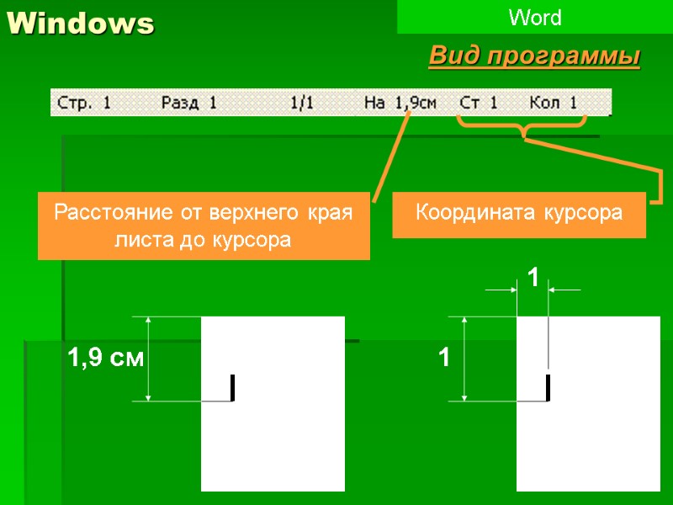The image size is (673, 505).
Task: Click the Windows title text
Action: [x=82, y=24]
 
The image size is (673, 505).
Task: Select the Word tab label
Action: [x=534, y=17]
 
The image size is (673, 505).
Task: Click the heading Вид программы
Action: [x=534, y=56]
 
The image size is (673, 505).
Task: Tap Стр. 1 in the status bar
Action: [x=84, y=104]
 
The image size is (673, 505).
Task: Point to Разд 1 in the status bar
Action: [x=188, y=104]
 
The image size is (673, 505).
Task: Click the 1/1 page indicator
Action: [x=301, y=104]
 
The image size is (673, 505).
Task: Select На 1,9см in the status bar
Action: [x=400, y=104]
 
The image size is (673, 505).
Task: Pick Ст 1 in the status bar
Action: [x=479, y=104]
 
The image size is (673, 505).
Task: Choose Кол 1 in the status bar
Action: [x=554, y=104]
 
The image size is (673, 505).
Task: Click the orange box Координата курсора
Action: [x=519, y=214]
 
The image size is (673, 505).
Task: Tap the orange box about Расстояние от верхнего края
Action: [x=204, y=226]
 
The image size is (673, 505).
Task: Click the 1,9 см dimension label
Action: [x=105, y=359]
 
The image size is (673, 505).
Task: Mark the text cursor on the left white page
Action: [x=232, y=388]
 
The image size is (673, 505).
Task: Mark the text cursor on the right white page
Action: [x=548, y=388]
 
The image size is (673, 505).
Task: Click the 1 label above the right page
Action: [x=532, y=277]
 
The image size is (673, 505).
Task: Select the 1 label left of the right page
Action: [x=442, y=359]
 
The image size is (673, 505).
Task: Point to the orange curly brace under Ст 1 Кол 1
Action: [x=522, y=128]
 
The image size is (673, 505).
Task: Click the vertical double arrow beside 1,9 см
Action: [x=149, y=359]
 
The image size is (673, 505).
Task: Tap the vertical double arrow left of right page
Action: [x=464, y=359]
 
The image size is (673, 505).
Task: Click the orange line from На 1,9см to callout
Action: [x=391, y=156]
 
